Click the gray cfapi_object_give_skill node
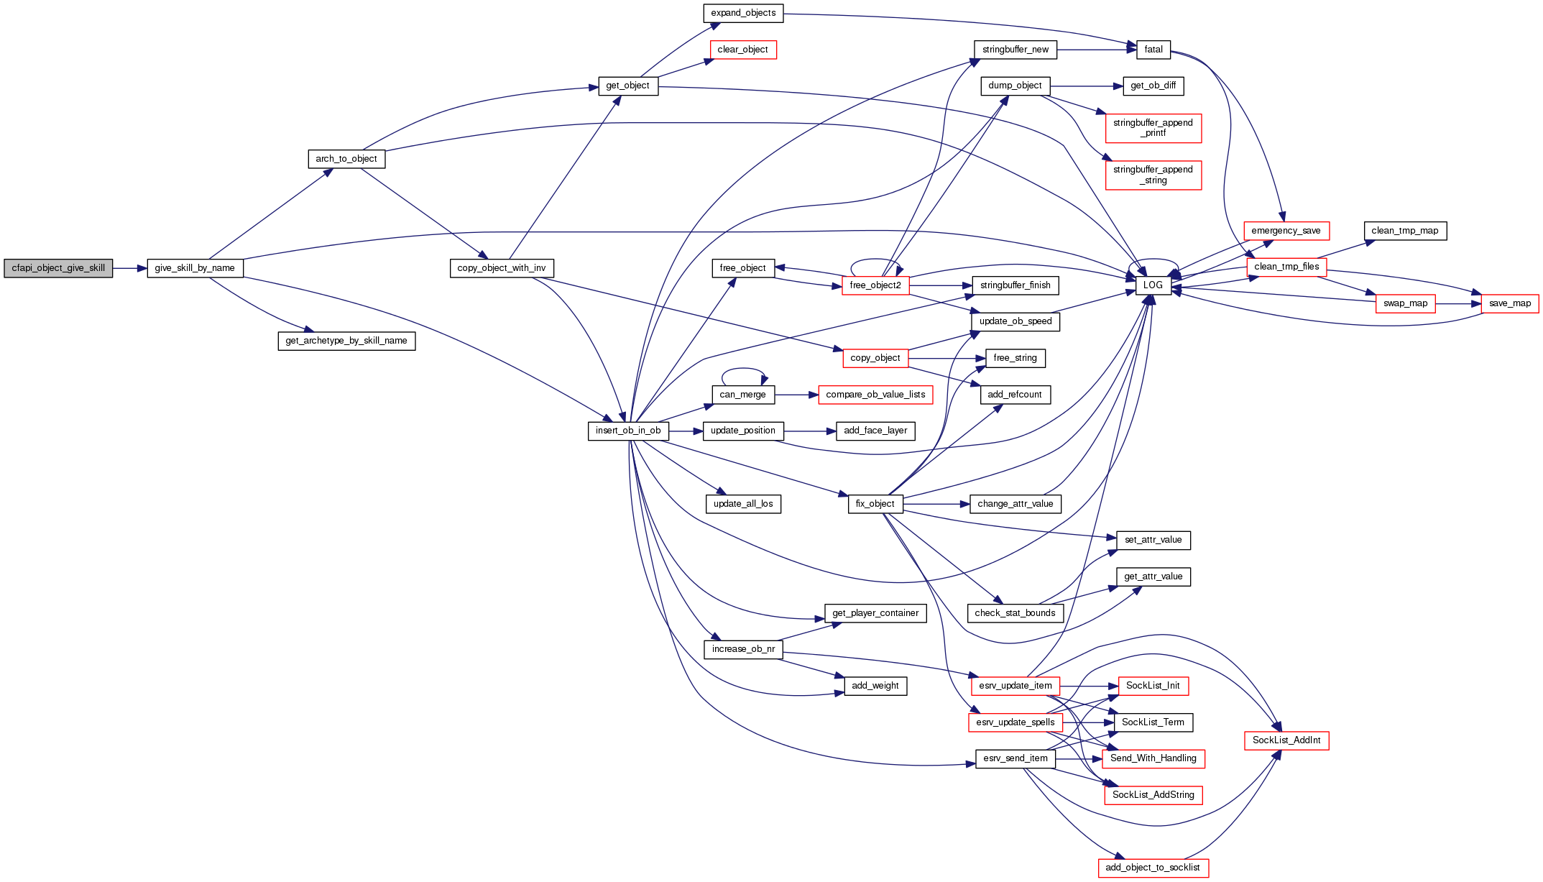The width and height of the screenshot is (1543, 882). click(x=58, y=268)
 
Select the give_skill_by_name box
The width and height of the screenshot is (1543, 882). click(x=195, y=268)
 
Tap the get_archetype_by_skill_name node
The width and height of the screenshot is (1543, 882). click(x=346, y=341)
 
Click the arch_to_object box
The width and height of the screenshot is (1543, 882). click(x=346, y=159)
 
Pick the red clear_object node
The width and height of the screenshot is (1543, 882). click(x=742, y=50)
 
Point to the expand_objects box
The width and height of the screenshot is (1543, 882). click(x=743, y=13)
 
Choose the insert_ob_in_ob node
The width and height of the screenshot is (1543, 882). click(x=628, y=431)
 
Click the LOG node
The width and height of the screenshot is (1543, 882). click(x=1153, y=285)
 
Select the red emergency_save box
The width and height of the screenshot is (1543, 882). click(x=1286, y=231)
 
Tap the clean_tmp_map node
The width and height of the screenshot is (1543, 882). click(x=1405, y=231)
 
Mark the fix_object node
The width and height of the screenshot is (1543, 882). click(x=875, y=504)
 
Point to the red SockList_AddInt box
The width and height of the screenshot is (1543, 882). click(x=1286, y=740)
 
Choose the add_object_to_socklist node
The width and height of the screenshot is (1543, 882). click(x=1153, y=868)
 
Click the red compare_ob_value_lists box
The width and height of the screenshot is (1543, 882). click(x=875, y=395)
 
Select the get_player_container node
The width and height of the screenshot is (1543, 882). click(x=875, y=613)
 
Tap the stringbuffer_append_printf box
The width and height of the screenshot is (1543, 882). click(x=1153, y=128)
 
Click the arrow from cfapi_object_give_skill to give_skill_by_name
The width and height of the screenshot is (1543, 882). click(x=129, y=268)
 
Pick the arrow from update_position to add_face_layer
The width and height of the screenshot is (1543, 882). click(x=809, y=431)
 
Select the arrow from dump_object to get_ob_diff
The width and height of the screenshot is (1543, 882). click(x=1086, y=86)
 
